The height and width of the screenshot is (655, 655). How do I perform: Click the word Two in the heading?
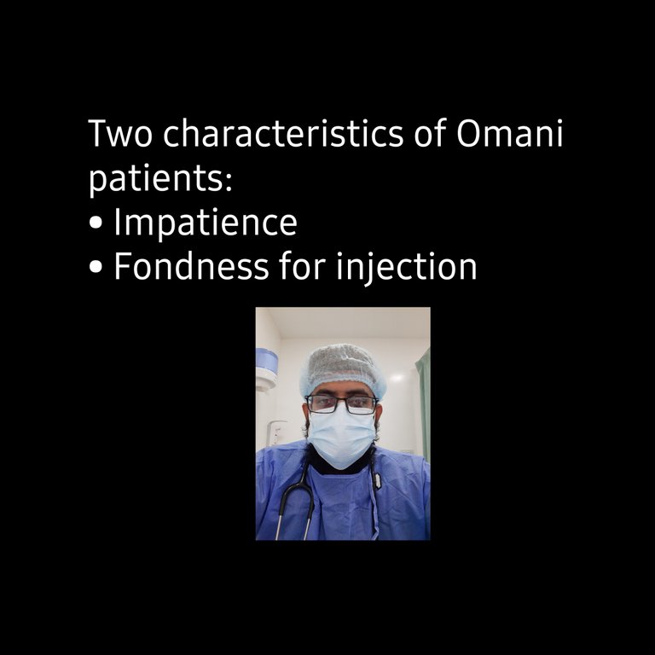tap(120, 133)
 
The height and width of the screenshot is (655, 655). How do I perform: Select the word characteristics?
tap(283, 133)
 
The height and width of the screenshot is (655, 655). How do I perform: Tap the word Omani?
tap(510, 133)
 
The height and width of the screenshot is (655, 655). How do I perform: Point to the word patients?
tap(157, 180)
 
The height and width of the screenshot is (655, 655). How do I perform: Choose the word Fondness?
tap(191, 265)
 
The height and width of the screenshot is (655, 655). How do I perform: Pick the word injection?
tap(407, 267)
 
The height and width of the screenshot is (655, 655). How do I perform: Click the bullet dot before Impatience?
tap(96, 223)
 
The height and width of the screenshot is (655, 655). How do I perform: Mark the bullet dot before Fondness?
tap(96, 266)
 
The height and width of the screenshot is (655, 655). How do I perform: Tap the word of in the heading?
tap(430, 133)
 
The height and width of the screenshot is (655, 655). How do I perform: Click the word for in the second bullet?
tap(303, 265)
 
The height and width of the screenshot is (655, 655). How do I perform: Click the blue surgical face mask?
tap(341, 436)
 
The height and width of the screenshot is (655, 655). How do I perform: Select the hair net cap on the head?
tap(343, 369)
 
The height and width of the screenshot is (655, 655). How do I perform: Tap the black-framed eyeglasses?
tap(342, 404)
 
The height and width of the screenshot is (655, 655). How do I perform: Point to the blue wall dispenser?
tap(266, 369)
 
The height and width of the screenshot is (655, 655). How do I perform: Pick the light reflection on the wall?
tap(397, 378)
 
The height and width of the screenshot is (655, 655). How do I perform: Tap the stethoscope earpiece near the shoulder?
tap(377, 481)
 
